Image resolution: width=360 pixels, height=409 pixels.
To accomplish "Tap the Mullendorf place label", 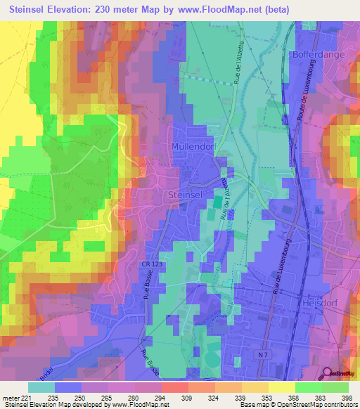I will click(191, 146).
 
